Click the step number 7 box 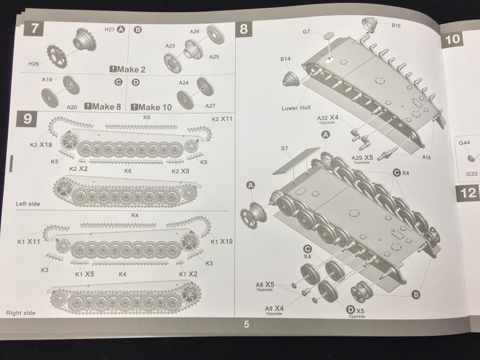point(34,29)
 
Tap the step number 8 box point(244,30)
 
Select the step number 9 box point(28,119)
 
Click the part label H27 point(109,30)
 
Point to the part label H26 point(33,63)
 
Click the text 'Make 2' point(131,69)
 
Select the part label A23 point(170,46)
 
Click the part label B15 point(396,25)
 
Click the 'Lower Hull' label point(296,108)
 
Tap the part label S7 point(284,148)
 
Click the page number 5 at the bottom point(246,324)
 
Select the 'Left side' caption point(28,203)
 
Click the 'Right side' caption point(21,313)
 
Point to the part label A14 point(427,157)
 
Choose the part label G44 point(464,143)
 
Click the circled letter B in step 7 point(138,30)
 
